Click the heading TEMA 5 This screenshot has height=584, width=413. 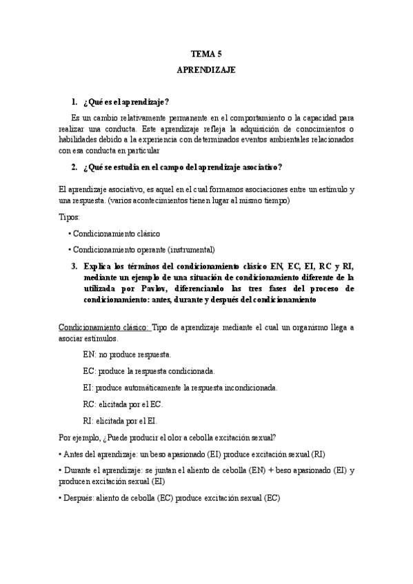point(206,53)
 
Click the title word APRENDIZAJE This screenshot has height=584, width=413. point(206,70)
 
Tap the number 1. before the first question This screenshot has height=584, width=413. point(74,102)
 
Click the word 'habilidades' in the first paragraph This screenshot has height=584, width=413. point(83,139)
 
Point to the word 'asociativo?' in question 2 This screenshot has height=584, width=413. point(261,167)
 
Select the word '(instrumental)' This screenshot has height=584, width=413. point(191,249)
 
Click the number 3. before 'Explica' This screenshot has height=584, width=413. point(74,266)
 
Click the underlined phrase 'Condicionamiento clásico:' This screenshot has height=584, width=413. point(103,328)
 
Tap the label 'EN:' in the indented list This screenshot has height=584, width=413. point(89,355)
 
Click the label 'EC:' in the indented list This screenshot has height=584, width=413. point(89,371)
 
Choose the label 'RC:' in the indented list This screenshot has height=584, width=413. point(89,404)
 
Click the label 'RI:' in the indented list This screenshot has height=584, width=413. point(88,420)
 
